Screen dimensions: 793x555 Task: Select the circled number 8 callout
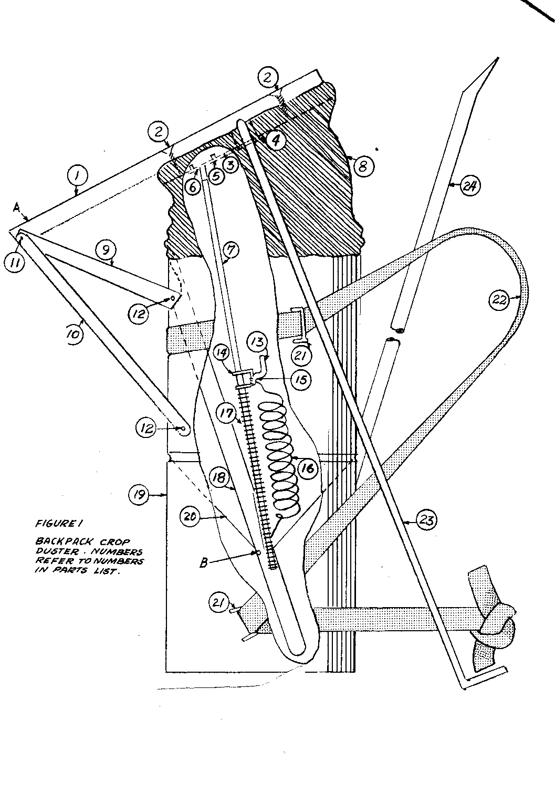tap(363, 166)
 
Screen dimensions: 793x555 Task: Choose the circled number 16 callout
tap(308, 467)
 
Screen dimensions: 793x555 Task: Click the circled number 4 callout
tap(275, 139)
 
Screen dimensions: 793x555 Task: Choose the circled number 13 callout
tap(257, 342)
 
